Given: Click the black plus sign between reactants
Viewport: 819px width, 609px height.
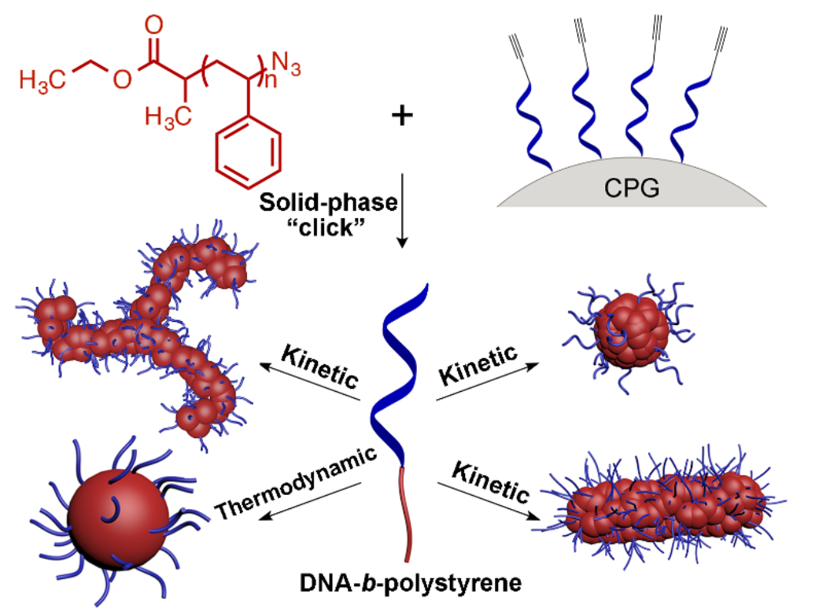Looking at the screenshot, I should [402, 116].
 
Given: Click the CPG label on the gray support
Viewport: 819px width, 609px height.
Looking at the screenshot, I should [631, 189].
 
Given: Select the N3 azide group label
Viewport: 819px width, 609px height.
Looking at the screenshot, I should [286, 61].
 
